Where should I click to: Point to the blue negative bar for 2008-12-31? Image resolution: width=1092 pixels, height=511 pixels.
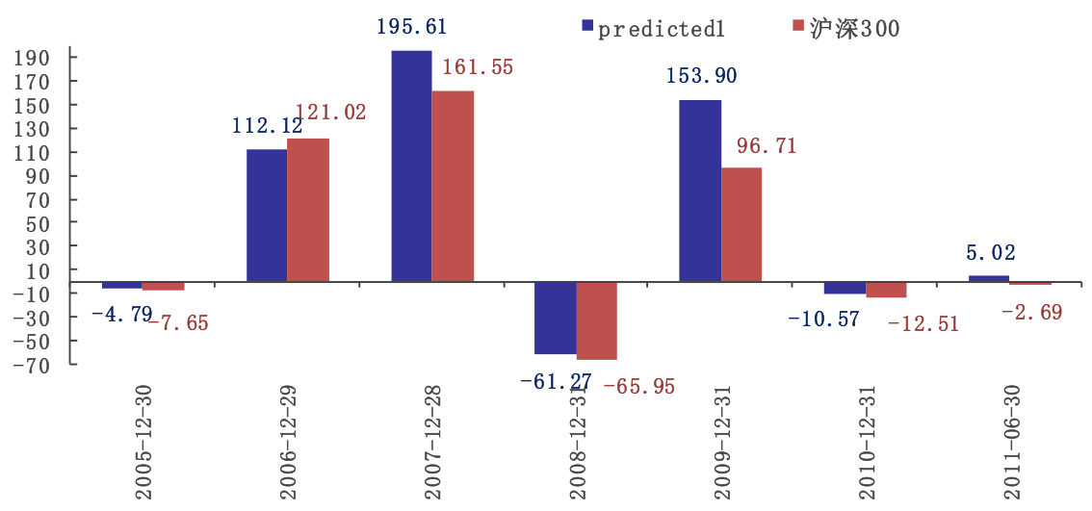tap(556, 318)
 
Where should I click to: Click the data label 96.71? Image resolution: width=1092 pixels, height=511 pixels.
tap(767, 146)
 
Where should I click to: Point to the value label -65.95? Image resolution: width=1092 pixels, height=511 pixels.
tap(638, 387)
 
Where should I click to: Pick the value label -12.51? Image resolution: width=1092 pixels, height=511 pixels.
tap(923, 323)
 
